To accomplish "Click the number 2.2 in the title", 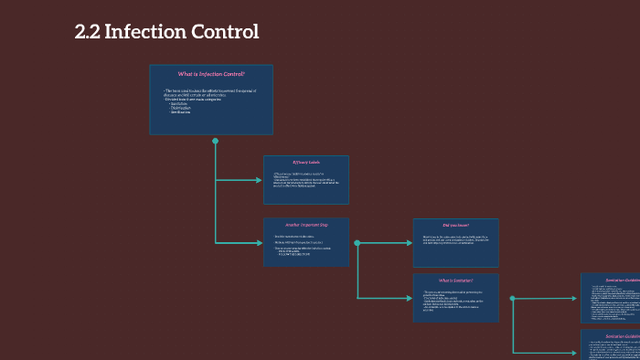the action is (88, 32).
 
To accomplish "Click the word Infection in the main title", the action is (144, 32).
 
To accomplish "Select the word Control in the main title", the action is (225, 32).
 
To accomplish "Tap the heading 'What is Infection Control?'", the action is (211, 73).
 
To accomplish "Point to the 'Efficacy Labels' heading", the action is (306, 162).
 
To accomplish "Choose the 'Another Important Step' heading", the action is (306, 224).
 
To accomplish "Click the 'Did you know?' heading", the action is (455, 225).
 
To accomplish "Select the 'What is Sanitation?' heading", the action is (455, 281).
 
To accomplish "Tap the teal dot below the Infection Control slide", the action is (215, 142).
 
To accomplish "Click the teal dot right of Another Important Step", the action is (357, 243).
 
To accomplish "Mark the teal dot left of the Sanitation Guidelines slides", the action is (513, 298).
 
